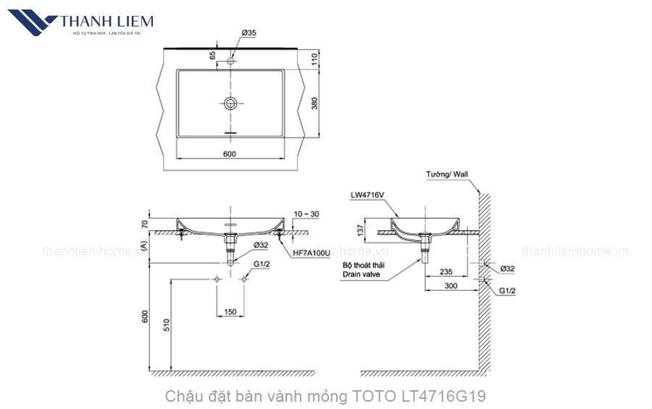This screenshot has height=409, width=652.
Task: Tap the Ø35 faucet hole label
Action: click(248, 33)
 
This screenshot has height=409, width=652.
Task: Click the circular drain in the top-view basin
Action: click(230, 103)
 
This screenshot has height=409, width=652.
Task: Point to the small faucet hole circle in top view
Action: click(230, 61)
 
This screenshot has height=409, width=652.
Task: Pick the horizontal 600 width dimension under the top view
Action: click(229, 153)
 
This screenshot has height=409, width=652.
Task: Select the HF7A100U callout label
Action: click(312, 253)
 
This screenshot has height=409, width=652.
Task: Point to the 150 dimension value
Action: click(230, 312)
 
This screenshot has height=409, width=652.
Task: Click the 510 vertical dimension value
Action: click(166, 324)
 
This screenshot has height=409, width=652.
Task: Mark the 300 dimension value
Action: click(452, 287)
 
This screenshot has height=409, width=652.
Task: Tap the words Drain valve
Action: click(364, 275)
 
